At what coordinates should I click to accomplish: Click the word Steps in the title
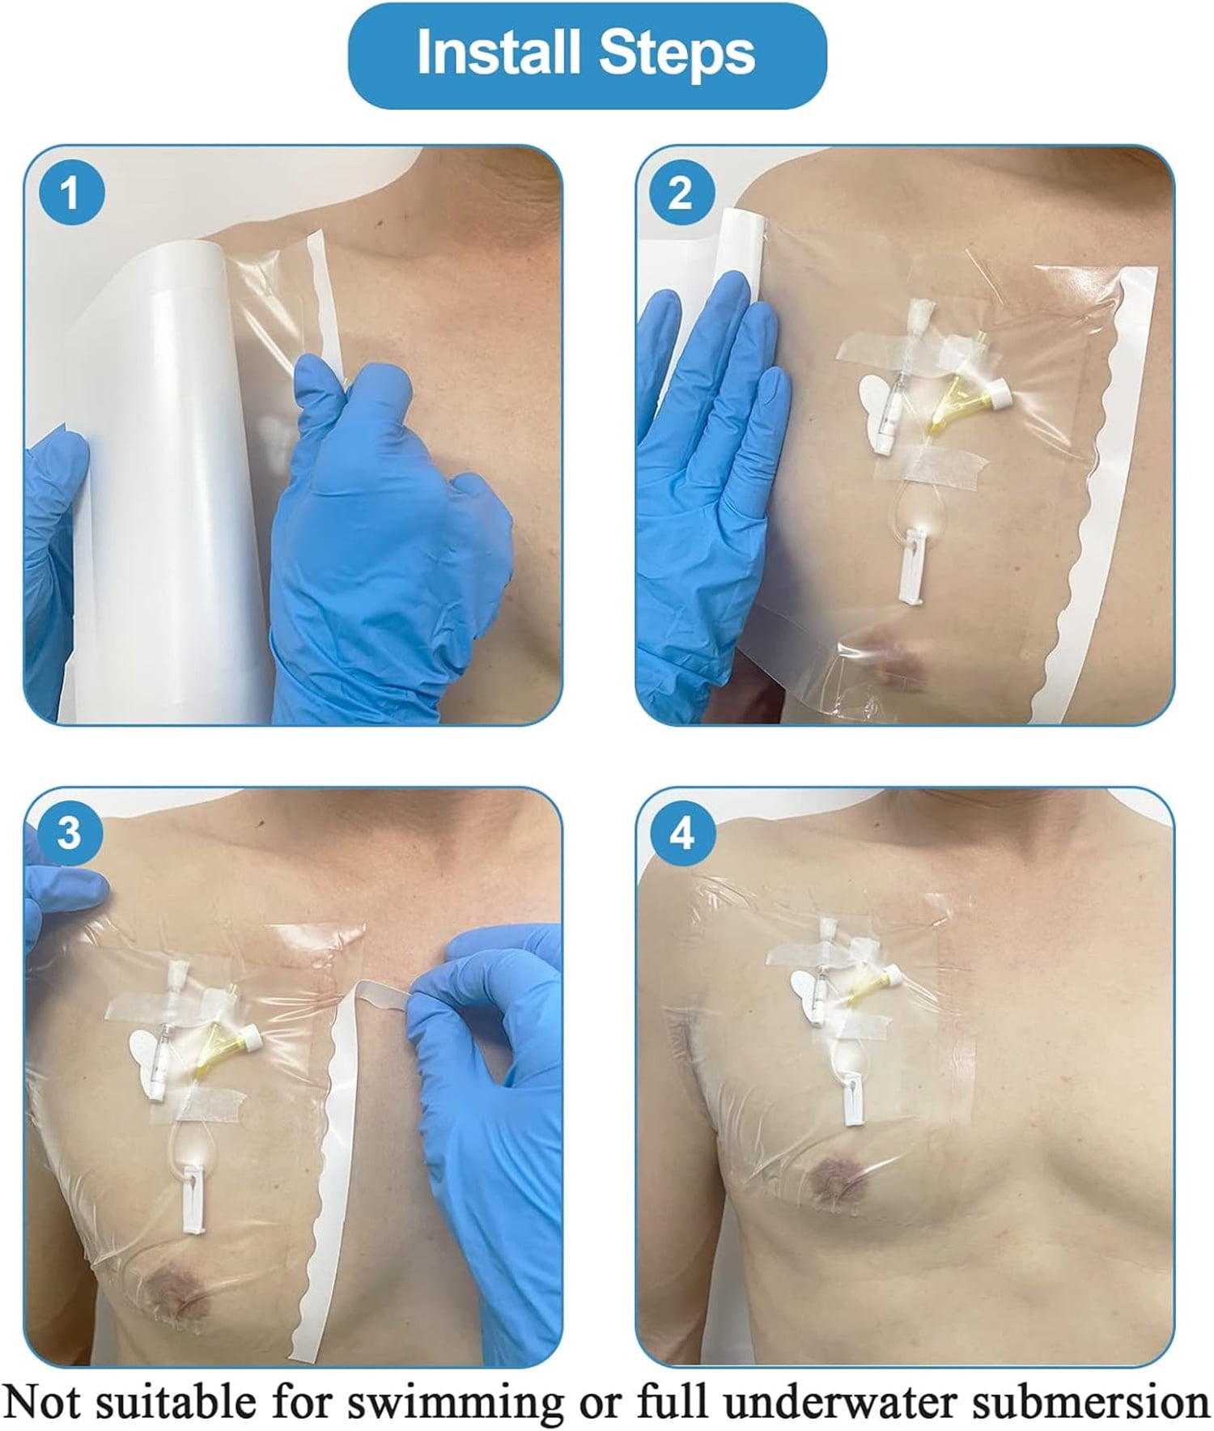pyautogui.click(x=678, y=53)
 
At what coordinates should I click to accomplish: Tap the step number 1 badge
pyautogui.click(x=70, y=194)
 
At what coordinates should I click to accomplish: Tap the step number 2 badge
pyautogui.click(x=681, y=194)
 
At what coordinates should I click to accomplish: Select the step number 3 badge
pyautogui.click(x=70, y=834)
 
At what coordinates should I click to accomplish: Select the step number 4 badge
pyautogui.click(x=681, y=834)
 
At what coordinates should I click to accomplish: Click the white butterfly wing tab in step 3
pyautogui.click(x=150, y=1056)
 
